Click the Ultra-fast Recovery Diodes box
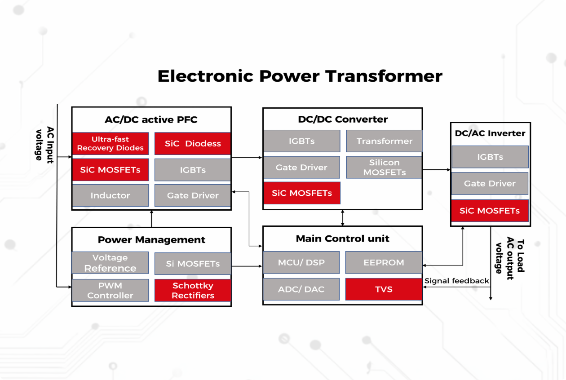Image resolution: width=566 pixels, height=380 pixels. [110, 144]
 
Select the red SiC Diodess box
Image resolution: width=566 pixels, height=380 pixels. [193, 144]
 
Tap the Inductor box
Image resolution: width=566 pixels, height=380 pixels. [110, 195]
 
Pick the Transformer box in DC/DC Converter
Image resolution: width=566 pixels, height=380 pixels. [384, 141]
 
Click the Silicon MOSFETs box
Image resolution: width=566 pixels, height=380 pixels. [384, 168]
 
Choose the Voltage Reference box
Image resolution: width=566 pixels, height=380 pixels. [110, 263]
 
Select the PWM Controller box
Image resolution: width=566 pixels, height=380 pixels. [110, 291]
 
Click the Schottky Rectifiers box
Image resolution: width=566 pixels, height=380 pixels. [193, 291]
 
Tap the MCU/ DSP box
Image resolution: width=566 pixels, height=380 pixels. [301, 263]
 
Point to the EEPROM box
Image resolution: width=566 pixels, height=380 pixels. [384, 263]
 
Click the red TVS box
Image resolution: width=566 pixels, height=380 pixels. [384, 289]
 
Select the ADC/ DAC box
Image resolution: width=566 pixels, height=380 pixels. [301, 289]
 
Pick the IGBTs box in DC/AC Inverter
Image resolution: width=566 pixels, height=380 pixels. [490, 157]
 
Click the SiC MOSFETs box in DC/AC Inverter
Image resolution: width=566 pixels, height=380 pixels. [490, 211]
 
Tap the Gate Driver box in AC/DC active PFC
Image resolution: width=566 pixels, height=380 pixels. [193, 195]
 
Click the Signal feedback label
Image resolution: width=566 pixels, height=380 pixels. [457, 281]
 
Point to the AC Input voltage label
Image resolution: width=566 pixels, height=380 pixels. [44, 144]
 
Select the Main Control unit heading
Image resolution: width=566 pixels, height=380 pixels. [342, 239]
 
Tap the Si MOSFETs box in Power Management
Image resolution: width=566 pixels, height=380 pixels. [193, 264]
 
